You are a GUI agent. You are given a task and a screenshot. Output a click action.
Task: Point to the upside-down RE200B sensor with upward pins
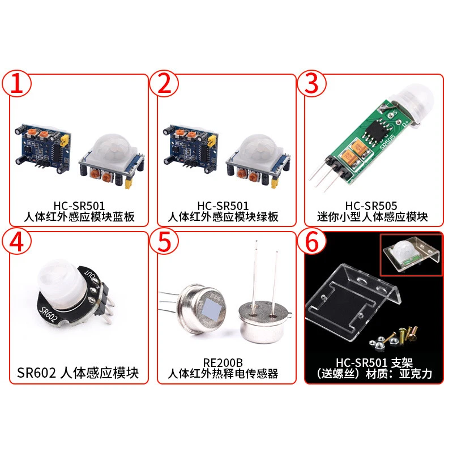263,317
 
